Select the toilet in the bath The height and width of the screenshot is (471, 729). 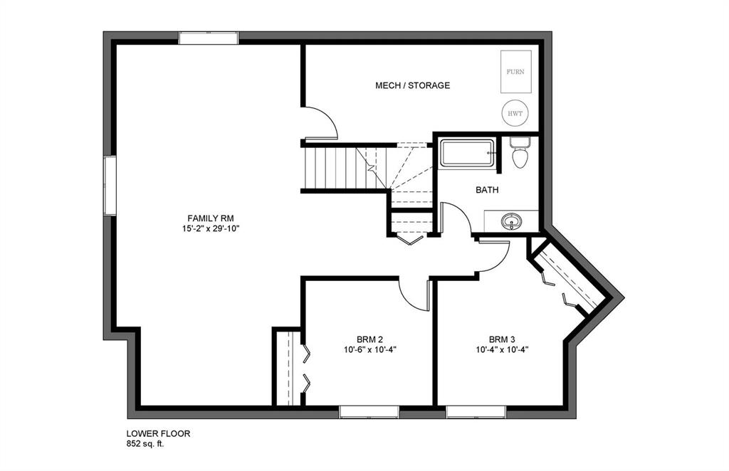(x=520, y=154)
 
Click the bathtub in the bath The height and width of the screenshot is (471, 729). (x=467, y=153)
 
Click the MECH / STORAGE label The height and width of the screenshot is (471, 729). (x=412, y=85)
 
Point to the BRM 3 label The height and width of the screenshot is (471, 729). (x=503, y=339)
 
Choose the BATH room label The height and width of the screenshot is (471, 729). (x=487, y=190)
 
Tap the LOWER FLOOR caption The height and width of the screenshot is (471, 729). (x=158, y=433)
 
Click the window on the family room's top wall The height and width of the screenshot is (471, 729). (x=208, y=38)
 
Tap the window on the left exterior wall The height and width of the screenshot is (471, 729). (x=110, y=185)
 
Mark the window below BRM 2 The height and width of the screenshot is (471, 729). (x=368, y=411)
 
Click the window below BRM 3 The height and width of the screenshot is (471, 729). (x=476, y=411)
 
